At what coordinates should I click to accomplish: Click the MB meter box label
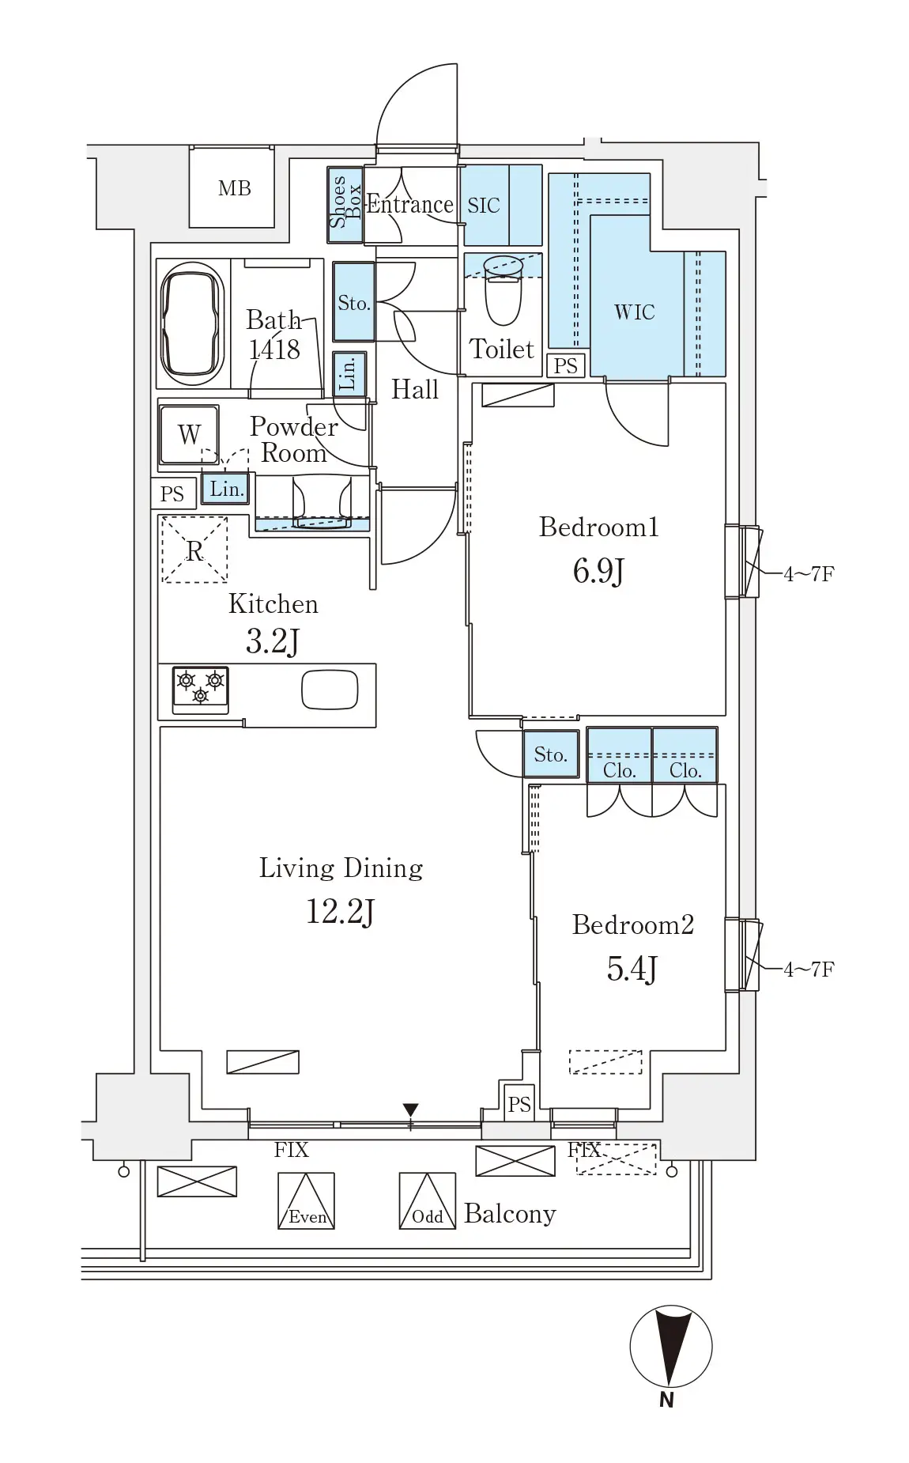234,188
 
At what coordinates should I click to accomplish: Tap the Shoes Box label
345,202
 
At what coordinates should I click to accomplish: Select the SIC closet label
483,206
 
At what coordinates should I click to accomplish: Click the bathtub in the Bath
190,323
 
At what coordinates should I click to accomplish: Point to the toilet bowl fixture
503,289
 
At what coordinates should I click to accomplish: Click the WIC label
634,312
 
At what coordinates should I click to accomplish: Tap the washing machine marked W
189,434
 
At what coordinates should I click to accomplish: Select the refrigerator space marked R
194,550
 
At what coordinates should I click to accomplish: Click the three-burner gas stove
201,690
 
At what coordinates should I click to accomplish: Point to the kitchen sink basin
330,690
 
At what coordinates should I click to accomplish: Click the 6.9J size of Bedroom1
598,570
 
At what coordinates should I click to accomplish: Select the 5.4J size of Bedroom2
632,968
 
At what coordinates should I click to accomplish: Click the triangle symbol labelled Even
306,1200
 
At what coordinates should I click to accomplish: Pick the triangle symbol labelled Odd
428,1200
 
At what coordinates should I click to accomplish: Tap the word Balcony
510,1214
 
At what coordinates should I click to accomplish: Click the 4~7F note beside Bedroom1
809,573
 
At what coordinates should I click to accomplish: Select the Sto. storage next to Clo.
550,754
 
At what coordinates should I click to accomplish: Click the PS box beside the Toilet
566,365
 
